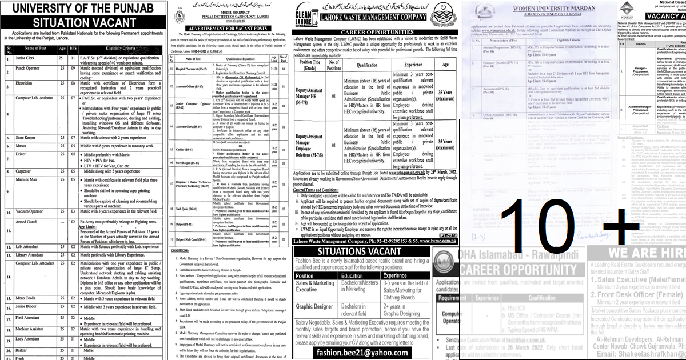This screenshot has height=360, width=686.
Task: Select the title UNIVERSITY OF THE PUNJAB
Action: pos(84,9)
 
